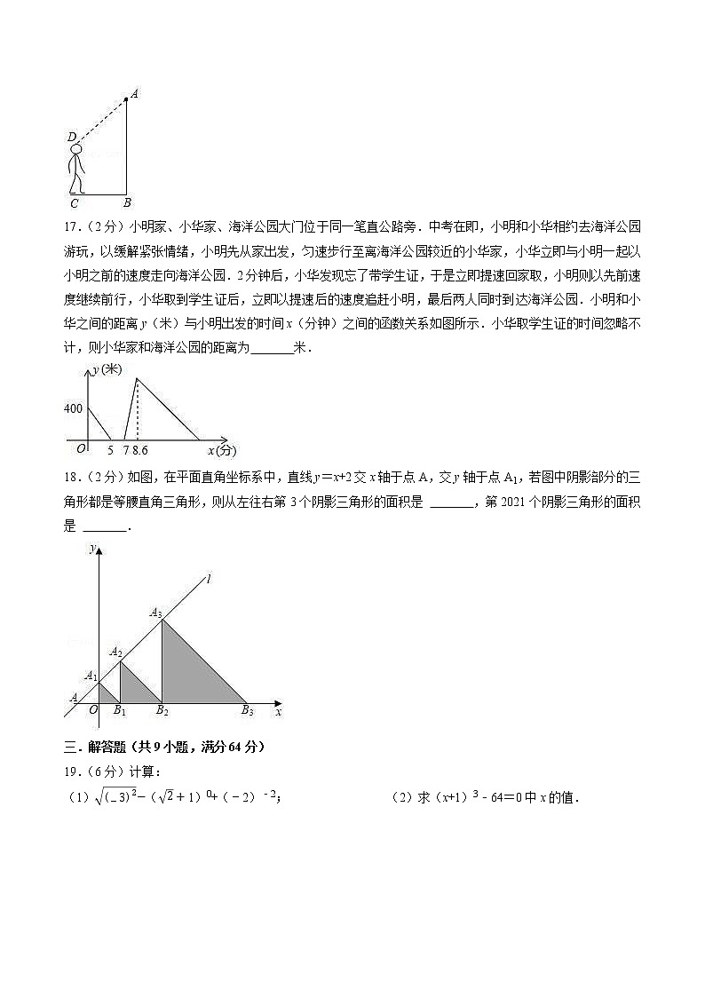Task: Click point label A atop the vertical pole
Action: tap(134, 92)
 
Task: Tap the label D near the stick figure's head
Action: tap(71, 137)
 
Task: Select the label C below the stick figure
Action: tap(70, 203)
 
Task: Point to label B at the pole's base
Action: tap(127, 203)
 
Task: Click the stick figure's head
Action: tap(75, 150)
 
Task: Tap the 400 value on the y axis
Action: tap(73, 408)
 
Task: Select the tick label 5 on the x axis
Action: tap(111, 450)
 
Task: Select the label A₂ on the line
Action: tap(115, 653)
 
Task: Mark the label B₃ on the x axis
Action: tap(247, 710)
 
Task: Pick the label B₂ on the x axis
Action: tap(162, 710)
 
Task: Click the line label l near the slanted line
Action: tap(208, 579)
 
